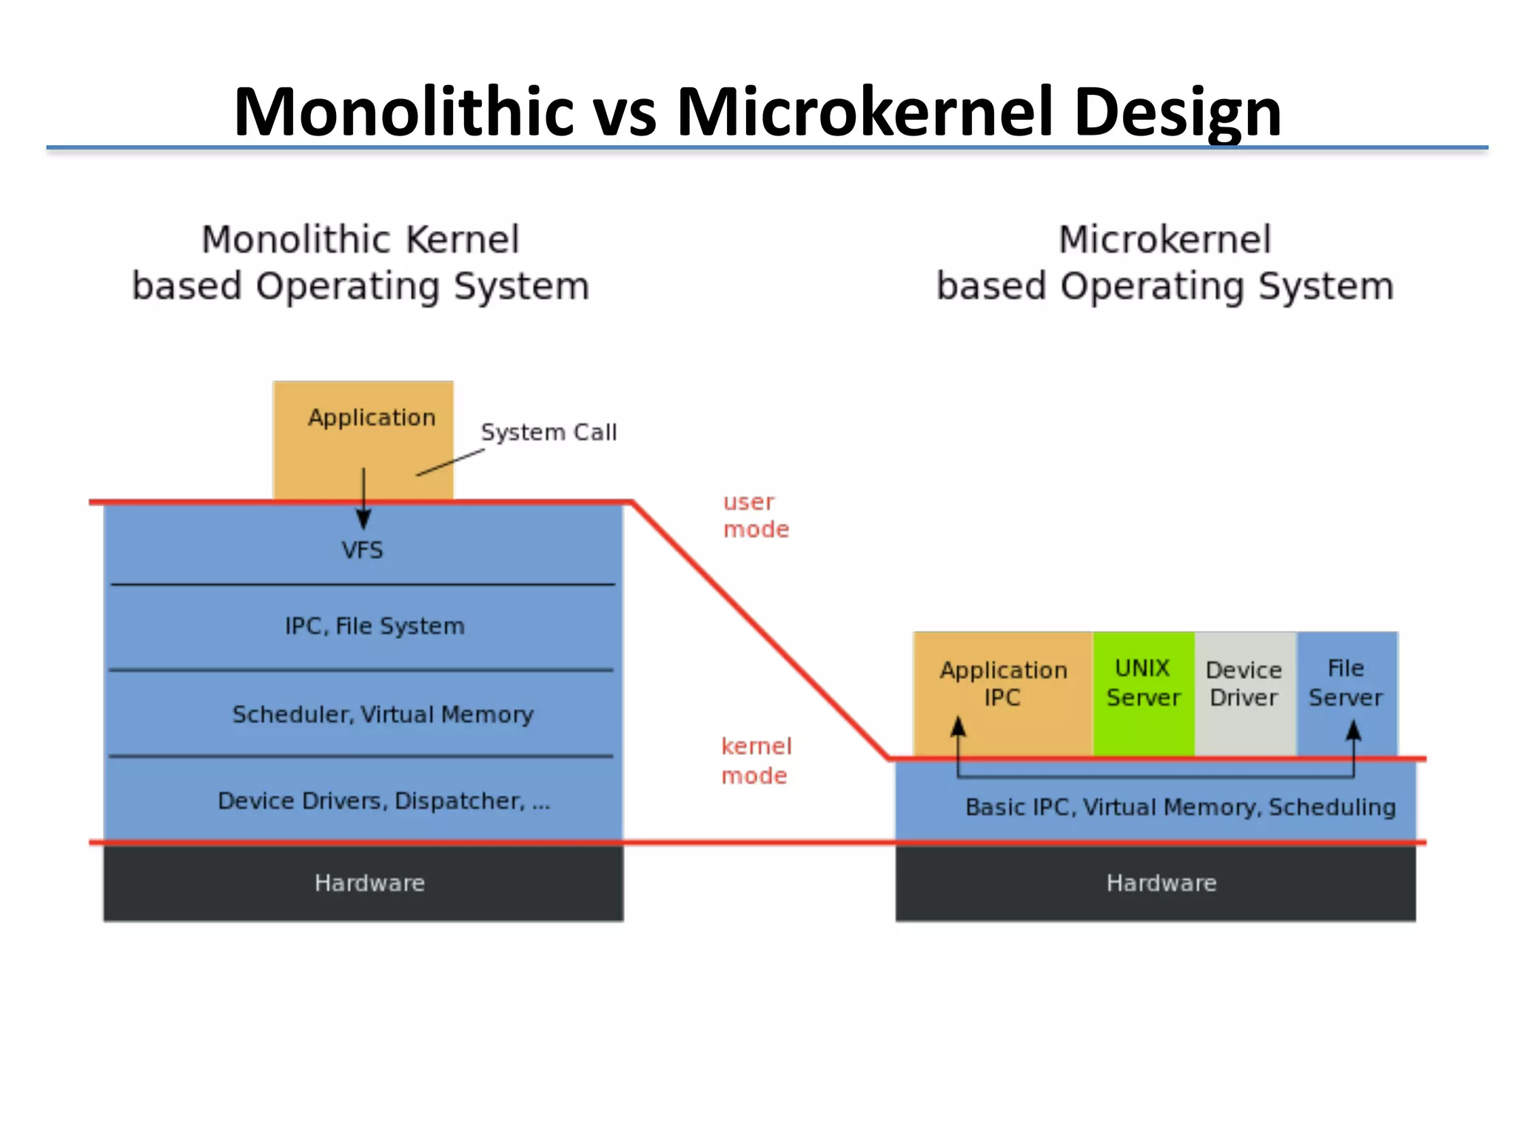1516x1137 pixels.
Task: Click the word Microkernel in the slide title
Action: (865, 113)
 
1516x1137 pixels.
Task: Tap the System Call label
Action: (549, 432)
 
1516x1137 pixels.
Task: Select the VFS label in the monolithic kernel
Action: (362, 550)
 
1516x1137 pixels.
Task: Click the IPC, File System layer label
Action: (375, 626)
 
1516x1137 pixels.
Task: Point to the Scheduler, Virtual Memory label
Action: (383, 714)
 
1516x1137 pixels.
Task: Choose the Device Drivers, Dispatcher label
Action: (383, 801)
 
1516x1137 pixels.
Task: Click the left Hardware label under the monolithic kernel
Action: (369, 882)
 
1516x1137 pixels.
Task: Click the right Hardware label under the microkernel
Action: (1161, 882)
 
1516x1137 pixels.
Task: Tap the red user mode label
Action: (756, 515)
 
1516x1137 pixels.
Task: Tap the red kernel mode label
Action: (756, 760)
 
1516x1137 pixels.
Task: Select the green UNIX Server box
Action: (1143, 693)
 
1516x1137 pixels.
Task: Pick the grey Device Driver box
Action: (1244, 693)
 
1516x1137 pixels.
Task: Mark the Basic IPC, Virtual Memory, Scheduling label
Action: (1180, 807)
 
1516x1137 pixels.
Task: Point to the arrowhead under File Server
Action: (1353, 731)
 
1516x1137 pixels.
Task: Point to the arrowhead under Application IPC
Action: (958, 726)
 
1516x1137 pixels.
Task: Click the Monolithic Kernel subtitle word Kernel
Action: (463, 240)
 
